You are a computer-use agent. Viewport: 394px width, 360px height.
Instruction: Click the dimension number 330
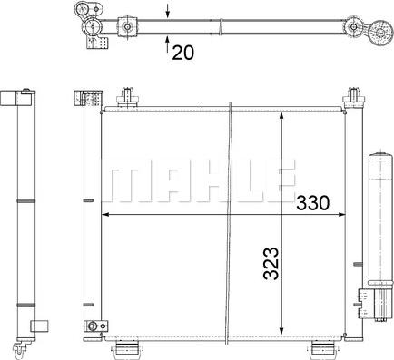coord(312,203)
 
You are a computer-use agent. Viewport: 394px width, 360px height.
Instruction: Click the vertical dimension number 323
coord(271,264)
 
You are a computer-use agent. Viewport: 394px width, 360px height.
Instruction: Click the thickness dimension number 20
coord(182,53)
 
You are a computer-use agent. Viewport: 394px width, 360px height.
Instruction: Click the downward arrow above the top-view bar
coord(168,10)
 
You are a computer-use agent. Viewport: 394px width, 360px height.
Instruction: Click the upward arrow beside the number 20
coord(168,44)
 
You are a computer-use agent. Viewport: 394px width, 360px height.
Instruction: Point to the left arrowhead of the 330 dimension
coord(105,215)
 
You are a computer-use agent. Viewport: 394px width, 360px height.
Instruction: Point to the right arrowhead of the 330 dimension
coord(341,215)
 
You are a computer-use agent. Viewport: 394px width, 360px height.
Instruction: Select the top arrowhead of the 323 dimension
coord(281,116)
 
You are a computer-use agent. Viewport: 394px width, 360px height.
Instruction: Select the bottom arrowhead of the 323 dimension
coord(281,330)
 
